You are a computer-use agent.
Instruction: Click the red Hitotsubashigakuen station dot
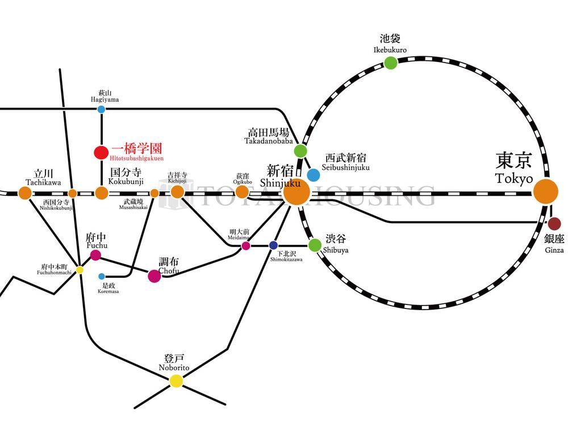tap(101, 152)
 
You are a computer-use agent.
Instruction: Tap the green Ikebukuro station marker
tap(390, 62)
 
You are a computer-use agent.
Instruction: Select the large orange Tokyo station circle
tap(546, 191)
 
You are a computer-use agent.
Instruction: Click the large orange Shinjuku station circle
tap(296, 192)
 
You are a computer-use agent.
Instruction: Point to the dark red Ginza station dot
tap(554, 223)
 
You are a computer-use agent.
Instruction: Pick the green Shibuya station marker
tap(315, 245)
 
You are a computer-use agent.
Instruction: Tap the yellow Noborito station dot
tap(177, 381)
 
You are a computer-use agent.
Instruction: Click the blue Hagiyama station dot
tap(101, 110)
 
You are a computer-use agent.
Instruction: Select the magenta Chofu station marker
tap(154, 276)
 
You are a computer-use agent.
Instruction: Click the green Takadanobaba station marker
tap(300, 151)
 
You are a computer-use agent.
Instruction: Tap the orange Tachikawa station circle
tap(25, 193)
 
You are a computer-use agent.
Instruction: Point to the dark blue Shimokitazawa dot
tap(273, 245)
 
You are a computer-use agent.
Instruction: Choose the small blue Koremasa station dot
tap(102, 277)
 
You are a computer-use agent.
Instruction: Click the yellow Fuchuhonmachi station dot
tap(80, 270)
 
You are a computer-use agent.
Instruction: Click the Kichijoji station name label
tap(177, 177)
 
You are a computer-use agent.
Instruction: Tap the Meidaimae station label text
tap(240, 235)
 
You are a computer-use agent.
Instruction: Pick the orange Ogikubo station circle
tap(243, 192)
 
